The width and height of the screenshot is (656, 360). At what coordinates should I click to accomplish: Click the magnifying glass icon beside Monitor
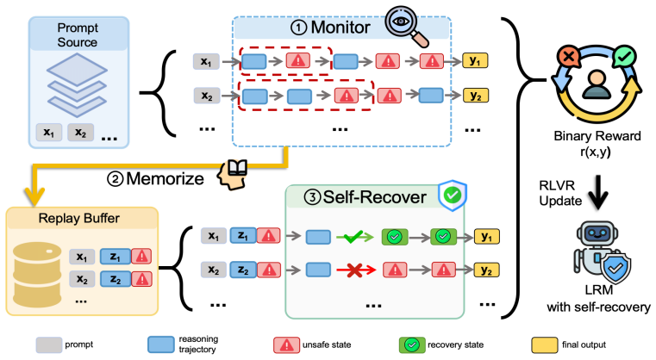coord(406,25)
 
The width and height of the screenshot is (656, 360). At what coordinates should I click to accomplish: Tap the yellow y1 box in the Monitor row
coord(475,61)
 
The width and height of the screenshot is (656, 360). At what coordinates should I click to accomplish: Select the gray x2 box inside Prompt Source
coord(80,132)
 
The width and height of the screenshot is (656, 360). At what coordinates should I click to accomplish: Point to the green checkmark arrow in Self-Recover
coord(355,237)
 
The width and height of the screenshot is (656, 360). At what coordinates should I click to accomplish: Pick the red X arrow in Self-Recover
coord(356,270)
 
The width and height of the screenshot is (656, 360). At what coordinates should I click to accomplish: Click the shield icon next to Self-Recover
coord(453,196)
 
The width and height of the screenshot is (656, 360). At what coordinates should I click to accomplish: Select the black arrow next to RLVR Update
coord(599,192)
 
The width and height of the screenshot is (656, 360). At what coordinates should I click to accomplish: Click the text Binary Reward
coord(597,136)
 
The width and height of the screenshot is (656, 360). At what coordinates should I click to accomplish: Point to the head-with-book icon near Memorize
coord(232,175)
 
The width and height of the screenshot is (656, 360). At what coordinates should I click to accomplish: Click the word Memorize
coord(165,179)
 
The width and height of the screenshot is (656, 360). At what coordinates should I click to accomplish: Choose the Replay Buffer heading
coord(79,218)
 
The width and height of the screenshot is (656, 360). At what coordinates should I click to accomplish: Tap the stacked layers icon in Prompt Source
coord(77,85)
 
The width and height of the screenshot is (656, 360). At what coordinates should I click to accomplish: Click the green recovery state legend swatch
coord(412,345)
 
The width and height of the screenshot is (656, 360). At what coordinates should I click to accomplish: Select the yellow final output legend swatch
coord(545,345)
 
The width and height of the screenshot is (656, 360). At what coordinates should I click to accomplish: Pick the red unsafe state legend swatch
coord(286,345)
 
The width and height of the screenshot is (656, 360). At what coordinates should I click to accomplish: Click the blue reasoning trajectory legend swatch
coord(161,344)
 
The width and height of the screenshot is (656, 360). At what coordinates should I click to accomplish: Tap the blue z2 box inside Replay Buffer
coord(116,279)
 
